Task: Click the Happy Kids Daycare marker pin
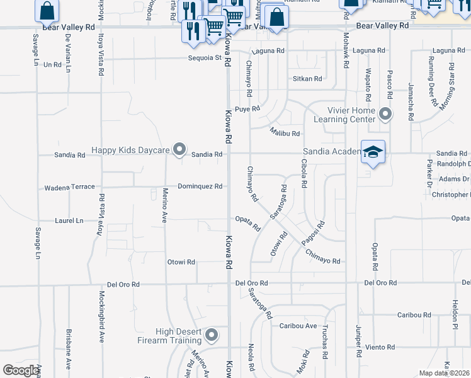[x=179, y=150]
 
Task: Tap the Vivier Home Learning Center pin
[x=385, y=115]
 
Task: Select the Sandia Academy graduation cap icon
[x=373, y=152]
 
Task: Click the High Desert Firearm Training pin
[x=211, y=335]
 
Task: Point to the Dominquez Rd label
[x=200, y=186]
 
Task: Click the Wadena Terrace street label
[x=69, y=187]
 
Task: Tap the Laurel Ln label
[x=69, y=221]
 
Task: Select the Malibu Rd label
[x=285, y=134]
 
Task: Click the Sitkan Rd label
[x=307, y=79]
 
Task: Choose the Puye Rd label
[x=247, y=109]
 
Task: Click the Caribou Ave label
[x=298, y=326]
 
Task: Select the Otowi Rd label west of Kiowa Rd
[x=181, y=262]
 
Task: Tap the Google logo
[x=21, y=370]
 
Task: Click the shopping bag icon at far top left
[x=47, y=11]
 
